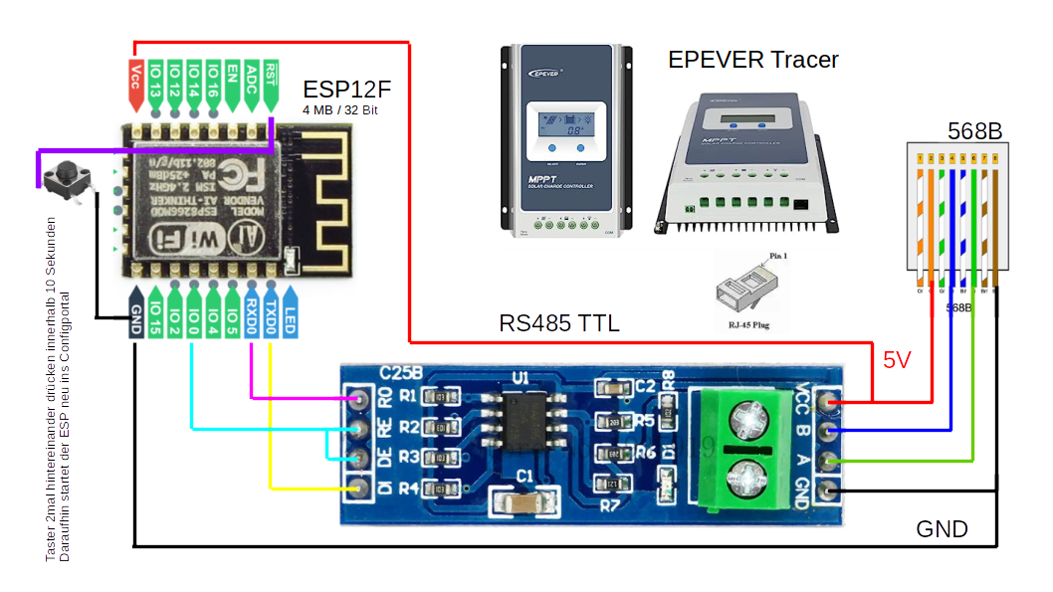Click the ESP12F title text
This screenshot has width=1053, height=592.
(x=340, y=89)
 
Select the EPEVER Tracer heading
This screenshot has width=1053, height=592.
(x=752, y=59)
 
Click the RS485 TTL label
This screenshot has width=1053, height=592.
(x=558, y=323)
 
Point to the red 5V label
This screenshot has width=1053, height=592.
(x=897, y=360)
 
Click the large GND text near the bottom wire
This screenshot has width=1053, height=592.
(x=942, y=528)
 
